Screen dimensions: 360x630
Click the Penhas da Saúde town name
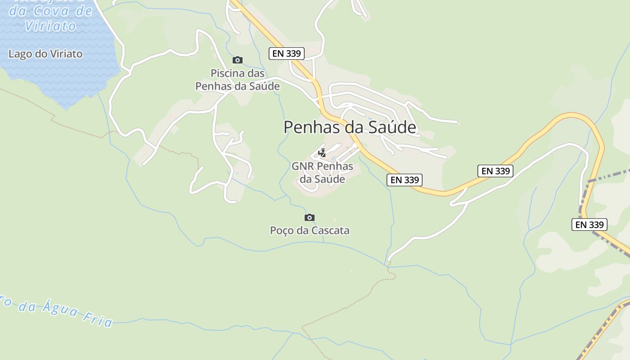350,127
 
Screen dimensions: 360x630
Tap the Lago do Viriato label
45,54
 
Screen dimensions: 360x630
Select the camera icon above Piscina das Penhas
237,60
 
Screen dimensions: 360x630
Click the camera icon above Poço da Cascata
309,217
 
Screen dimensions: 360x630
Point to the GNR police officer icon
322,153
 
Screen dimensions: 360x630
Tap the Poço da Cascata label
310,230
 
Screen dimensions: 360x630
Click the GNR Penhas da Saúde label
322,172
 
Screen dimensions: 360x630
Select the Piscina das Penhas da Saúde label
238,80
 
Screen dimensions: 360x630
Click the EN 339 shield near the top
287,54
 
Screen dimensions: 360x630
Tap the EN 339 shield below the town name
405,180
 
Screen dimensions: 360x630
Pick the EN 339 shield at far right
589,225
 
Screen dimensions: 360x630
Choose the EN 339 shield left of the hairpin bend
495,171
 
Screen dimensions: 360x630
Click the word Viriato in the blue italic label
50,26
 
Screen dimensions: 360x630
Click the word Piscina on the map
228,73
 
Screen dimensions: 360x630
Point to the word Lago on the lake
20,54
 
